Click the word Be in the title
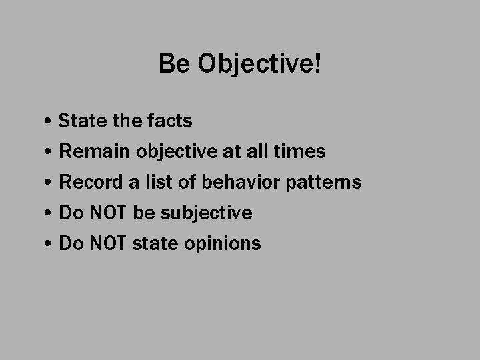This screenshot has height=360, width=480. tap(171, 64)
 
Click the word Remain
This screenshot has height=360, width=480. tap(95, 151)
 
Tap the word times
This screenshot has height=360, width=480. tap(299, 151)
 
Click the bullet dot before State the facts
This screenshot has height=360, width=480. tap(51, 122)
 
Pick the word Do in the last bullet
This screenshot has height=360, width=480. tap(71, 243)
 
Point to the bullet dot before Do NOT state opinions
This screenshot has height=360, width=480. tap(51, 245)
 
